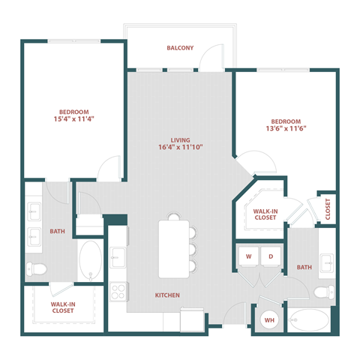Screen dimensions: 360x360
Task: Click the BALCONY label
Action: [180, 48]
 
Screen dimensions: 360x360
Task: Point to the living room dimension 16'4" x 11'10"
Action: [180, 147]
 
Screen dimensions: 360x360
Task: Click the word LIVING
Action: [180, 139]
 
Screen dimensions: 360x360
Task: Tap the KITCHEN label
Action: [167, 295]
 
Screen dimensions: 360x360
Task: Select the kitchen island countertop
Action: [172, 248]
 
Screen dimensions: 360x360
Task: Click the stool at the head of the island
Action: [174, 217]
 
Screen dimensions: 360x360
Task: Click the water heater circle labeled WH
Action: [268, 321]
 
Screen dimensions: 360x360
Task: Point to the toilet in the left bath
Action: [37, 268]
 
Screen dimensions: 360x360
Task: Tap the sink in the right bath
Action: [327, 262]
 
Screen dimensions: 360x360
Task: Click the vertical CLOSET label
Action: [328, 209]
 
